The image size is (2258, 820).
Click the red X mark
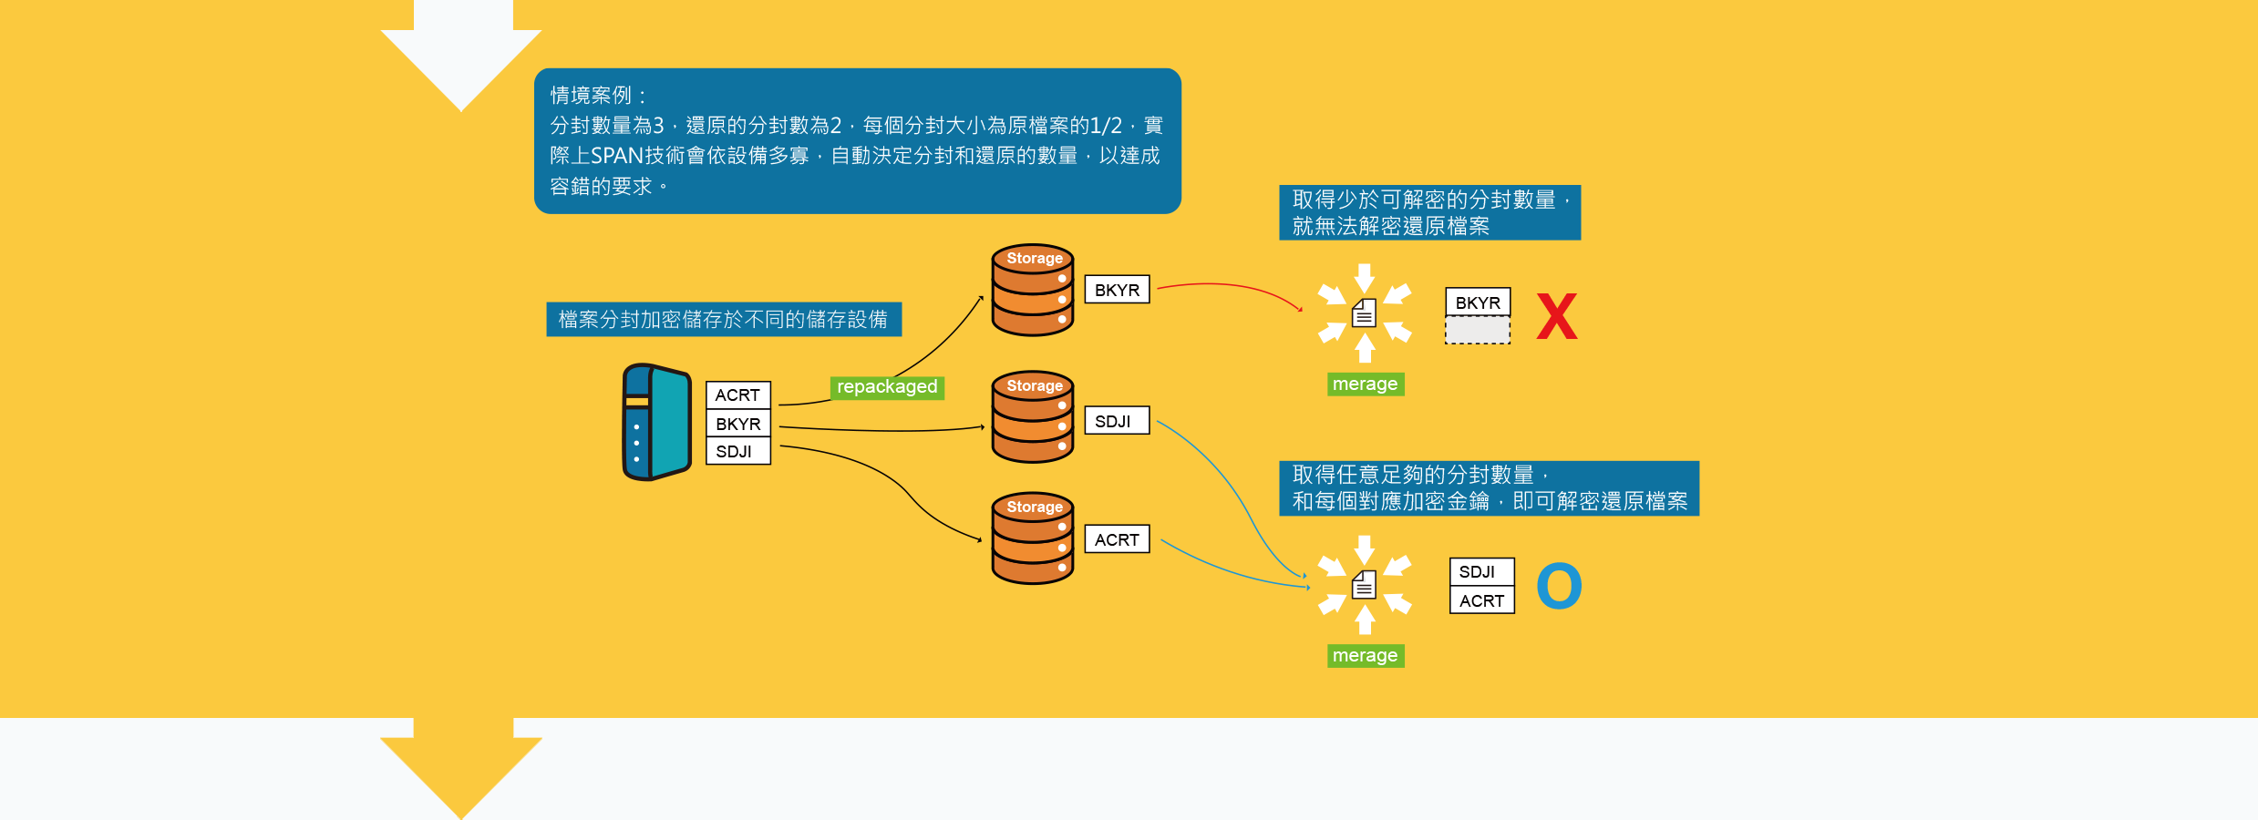1556,316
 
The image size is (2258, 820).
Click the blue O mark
1559,586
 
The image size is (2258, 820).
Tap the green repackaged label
887,387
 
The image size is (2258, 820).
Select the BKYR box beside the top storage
1117,290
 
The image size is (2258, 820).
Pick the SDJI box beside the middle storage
1116,421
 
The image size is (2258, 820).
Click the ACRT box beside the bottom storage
1117,539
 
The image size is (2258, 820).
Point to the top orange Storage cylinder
1033,290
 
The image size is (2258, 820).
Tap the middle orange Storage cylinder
1033,417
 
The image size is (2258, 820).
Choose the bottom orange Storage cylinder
1033,538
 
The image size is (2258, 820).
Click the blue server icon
656,422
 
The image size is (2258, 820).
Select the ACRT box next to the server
737,395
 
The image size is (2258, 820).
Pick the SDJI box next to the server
737,452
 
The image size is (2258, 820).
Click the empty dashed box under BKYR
1477,330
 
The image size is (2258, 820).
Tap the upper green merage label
1365,384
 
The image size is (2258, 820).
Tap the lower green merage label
1365,656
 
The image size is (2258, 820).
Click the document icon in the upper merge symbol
1364,313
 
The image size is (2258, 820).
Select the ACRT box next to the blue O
1481,600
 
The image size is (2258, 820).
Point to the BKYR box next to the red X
1477,302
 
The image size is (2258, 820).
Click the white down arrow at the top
462,55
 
